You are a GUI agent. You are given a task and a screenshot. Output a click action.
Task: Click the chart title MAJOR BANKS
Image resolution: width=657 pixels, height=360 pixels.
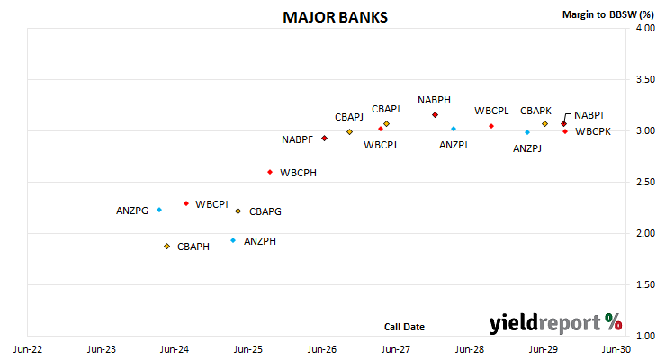pos(335,17)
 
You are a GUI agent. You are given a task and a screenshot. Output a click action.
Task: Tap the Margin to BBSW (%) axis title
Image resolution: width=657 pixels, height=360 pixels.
pos(608,14)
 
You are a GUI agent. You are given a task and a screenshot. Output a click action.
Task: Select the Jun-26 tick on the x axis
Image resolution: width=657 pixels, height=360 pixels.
pos(322,349)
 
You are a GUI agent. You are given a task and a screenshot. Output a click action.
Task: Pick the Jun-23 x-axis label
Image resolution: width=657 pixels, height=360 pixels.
pos(102,349)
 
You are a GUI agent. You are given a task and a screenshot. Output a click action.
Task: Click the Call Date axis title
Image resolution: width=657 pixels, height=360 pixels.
pos(404,327)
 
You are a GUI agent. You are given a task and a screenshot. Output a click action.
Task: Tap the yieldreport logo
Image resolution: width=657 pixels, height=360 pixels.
pos(555,323)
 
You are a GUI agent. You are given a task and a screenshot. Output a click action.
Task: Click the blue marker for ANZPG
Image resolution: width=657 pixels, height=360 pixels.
pos(159,210)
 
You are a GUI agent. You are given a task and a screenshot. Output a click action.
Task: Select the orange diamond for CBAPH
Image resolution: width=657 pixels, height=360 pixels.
pos(166,247)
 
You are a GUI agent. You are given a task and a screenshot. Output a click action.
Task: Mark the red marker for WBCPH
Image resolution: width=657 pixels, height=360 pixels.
pos(270,172)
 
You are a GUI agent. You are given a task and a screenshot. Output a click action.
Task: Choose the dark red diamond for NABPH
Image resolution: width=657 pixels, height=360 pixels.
pos(435,115)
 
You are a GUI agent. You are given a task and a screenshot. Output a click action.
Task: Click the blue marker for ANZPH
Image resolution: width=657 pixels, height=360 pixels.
pos(233,240)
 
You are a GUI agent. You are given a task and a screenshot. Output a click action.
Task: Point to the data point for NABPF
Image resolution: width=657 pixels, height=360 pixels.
pos(324,139)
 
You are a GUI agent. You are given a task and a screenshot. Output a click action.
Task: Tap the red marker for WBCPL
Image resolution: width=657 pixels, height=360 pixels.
pos(491,126)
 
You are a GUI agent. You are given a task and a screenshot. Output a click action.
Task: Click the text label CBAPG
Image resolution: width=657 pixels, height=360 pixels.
pos(265,211)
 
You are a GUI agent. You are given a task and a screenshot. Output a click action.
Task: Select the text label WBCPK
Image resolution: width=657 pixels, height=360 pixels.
pos(593,131)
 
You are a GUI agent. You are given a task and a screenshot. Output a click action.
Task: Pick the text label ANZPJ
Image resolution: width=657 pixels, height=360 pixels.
pos(527,148)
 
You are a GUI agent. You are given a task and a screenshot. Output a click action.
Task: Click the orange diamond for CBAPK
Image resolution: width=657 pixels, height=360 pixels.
pos(544,124)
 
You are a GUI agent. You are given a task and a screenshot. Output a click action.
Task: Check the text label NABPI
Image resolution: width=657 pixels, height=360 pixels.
pos(589,115)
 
